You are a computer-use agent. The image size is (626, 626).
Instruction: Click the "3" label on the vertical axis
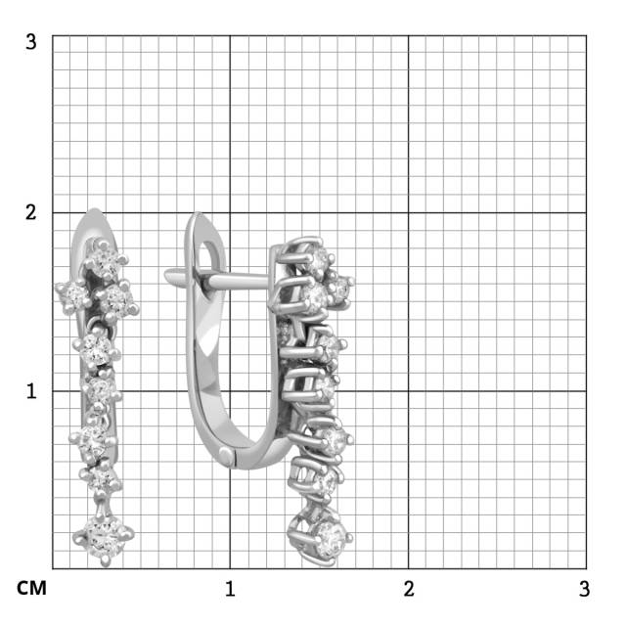(30, 42)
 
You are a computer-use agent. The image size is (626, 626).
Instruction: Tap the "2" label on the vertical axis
(30, 212)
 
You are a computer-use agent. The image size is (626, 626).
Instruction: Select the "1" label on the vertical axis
(31, 391)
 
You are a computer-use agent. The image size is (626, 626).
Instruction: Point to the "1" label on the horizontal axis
(230, 589)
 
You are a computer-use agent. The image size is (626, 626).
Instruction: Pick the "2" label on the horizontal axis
(409, 589)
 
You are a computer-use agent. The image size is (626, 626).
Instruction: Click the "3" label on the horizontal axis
(584, 589)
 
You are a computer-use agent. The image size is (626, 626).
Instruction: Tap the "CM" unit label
(31, 589)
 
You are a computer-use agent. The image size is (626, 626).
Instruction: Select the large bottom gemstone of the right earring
(330, 539)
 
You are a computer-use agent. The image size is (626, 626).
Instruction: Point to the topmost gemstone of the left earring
(106, 261)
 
